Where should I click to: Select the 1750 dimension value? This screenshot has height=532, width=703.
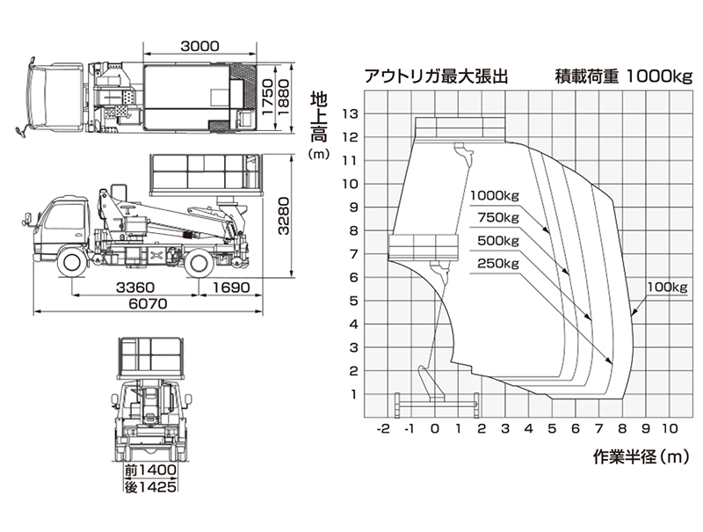point(268,98)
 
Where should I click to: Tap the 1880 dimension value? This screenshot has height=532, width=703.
point(284,98)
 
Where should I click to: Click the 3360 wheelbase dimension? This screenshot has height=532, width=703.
point(135,288)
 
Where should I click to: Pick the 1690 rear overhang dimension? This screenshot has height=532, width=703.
point(231,288)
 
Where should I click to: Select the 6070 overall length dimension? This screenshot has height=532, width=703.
point(147,304)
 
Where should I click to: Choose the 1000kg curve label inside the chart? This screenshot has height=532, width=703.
point(494,195)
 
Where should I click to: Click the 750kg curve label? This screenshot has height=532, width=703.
point(497,218)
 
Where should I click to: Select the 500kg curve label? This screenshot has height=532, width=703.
point(497,241)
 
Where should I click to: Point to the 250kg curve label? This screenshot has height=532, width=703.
point(497,263)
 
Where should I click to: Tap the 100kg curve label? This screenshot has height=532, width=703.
point(666,287)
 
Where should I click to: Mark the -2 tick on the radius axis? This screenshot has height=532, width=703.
point(383,429)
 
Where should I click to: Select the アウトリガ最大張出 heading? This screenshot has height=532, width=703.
point(437,77)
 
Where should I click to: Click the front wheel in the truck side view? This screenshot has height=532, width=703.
point(72,260)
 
